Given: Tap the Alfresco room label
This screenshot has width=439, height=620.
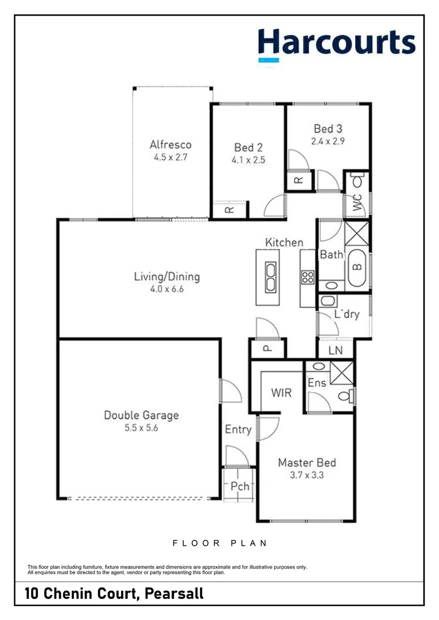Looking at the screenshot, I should (x=170, y=145).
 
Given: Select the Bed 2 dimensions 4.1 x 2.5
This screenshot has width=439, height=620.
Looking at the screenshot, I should (x=248, y=161).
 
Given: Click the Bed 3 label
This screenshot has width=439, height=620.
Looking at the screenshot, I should (x=329, y=129).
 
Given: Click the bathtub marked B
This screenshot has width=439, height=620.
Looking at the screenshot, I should (x=357, y=267).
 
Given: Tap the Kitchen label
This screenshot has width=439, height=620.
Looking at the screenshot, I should (x=284, y=242).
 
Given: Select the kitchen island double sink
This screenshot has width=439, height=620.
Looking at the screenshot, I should (x=269, y=277).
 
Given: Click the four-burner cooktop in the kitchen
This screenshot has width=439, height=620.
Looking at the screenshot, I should (x=307, y=278).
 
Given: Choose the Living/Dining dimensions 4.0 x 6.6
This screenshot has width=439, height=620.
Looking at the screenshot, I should (x=167, y=289).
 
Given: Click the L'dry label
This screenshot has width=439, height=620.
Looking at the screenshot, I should (x=346, y=314).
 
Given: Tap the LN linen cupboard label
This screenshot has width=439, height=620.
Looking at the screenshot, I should (x=336, y=350).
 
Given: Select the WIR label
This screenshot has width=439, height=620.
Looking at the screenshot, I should (x=281, y=393).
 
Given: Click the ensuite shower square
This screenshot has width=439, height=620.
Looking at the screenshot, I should (x=342, y=372).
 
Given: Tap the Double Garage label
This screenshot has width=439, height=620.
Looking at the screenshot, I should (x=141, y=414).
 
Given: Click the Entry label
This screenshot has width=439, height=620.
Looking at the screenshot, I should (x=238, y=429).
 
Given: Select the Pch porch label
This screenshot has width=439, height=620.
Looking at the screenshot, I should (x=240, y=486).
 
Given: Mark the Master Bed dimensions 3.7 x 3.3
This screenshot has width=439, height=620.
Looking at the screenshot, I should (x=306, y=475).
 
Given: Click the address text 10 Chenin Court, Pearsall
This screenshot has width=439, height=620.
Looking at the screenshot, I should (x=114, y=593).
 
